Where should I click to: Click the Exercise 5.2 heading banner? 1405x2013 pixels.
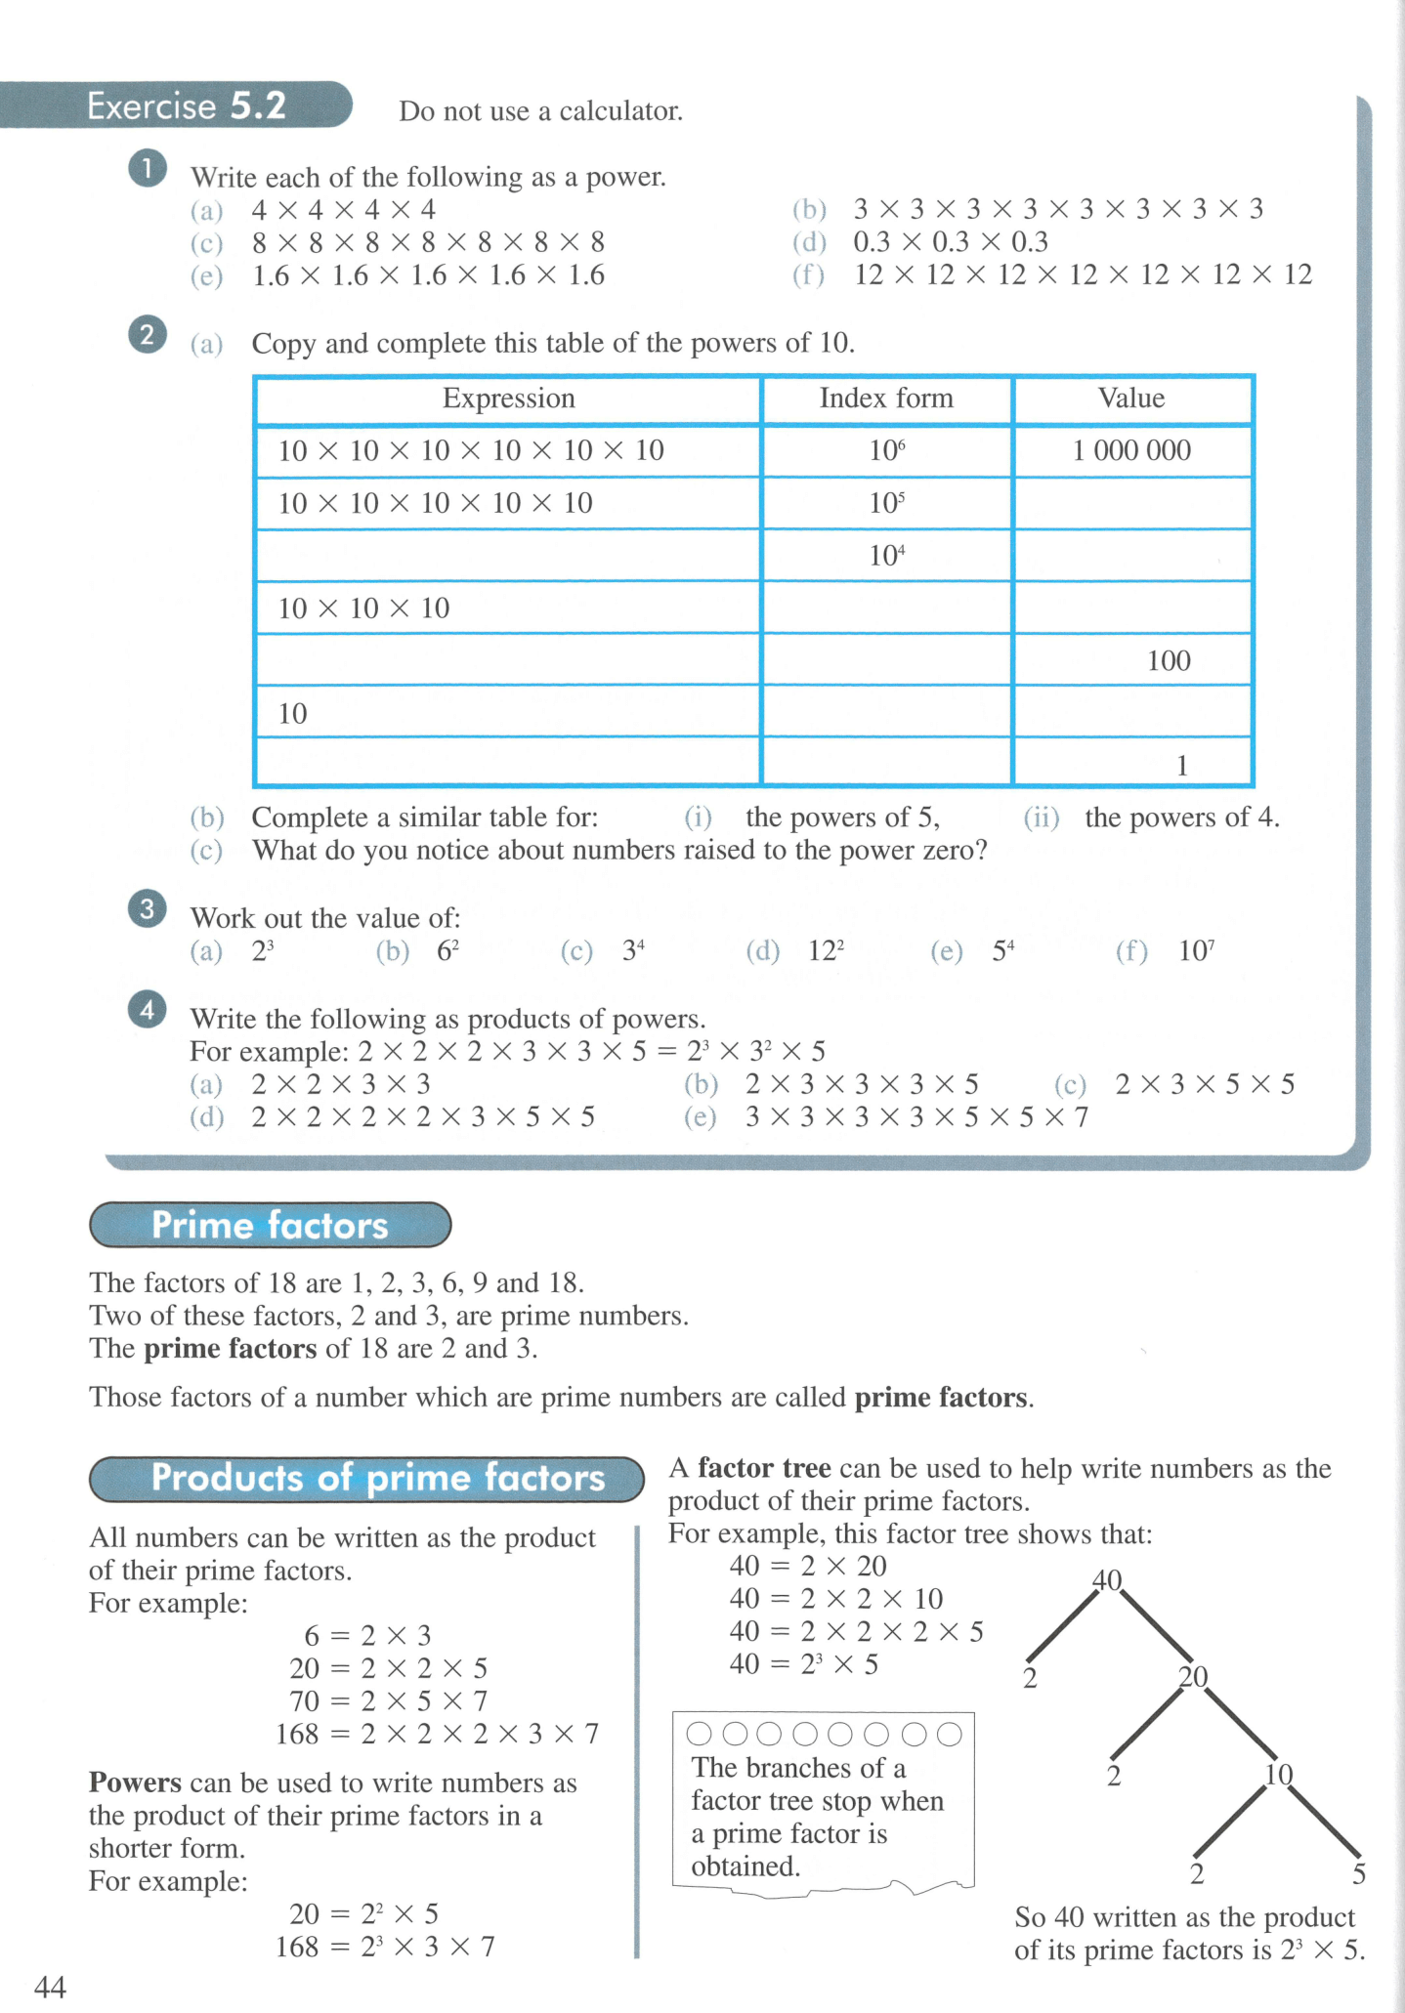tap(186, 105)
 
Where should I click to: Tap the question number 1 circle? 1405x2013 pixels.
tap(148, 169)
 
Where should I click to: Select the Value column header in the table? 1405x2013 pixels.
tap(1131, 398)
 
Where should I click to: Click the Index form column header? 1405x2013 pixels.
tap(885, 398)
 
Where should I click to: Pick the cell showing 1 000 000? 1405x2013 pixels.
tap(1131, 450)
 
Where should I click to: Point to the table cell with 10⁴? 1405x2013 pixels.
tap(886, 556)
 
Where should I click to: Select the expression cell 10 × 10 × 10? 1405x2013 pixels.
tap(363, 608)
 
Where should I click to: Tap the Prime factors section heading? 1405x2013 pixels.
tap(270, 1225)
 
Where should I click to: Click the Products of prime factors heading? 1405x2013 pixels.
tap(377, 1478)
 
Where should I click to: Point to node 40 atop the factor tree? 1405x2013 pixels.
tap(1106, 1579)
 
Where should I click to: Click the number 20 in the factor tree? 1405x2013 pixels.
tap(1193, 1677)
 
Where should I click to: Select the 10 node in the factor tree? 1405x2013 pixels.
tap(1278, 1774)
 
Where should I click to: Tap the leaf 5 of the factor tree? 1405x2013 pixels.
tap(1358, 1873)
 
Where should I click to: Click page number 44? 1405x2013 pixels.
tap(50, 1987)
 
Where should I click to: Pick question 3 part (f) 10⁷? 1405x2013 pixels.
tap(1195, 950)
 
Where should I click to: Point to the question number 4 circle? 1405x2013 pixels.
tap(148, 1009)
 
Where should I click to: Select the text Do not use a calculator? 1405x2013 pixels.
tap(540, 111)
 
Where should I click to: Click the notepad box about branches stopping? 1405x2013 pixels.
tap(822, 1804)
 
